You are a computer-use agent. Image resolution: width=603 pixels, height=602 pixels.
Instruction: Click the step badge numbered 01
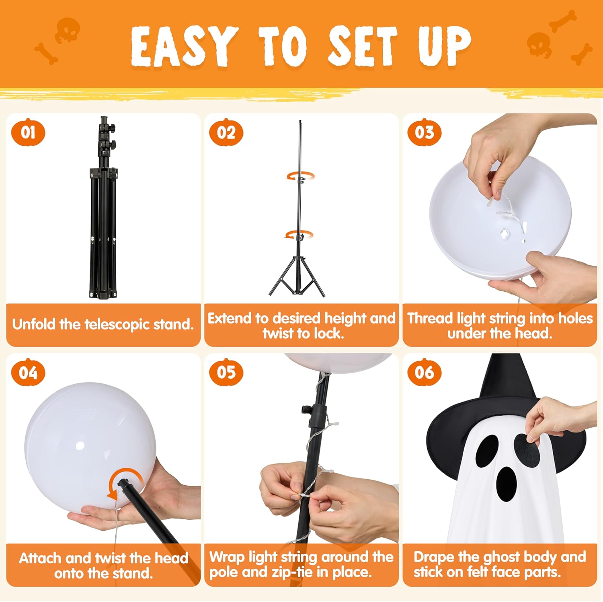point(28,132)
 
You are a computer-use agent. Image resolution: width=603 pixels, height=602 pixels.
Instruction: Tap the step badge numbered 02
point(226,132)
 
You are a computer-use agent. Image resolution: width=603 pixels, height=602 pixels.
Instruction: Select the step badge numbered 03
point(425,132)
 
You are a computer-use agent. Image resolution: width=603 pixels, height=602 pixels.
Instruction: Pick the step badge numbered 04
point(28,372)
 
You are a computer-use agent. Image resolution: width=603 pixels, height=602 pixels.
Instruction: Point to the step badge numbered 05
point(226,372)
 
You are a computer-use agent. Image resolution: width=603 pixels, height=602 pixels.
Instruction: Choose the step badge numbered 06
point(425,372)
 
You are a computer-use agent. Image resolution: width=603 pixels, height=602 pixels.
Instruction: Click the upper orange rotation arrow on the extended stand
point(300,176)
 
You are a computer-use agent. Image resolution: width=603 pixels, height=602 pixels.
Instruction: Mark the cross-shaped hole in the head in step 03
point(505,233)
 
